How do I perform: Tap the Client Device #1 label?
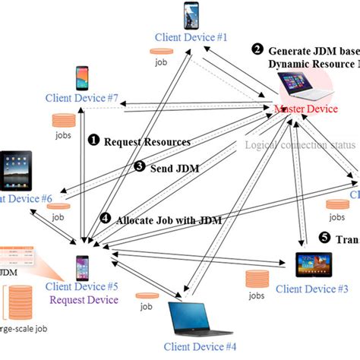click(x=191, y=37)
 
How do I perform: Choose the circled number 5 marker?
click(x=324, y=238)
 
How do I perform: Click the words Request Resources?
click(x=146, y=141)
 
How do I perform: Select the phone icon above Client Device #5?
click(x=82, y=267)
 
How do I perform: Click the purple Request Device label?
click(x=83, y=300)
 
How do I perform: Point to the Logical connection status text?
click(x=299, y=145)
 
